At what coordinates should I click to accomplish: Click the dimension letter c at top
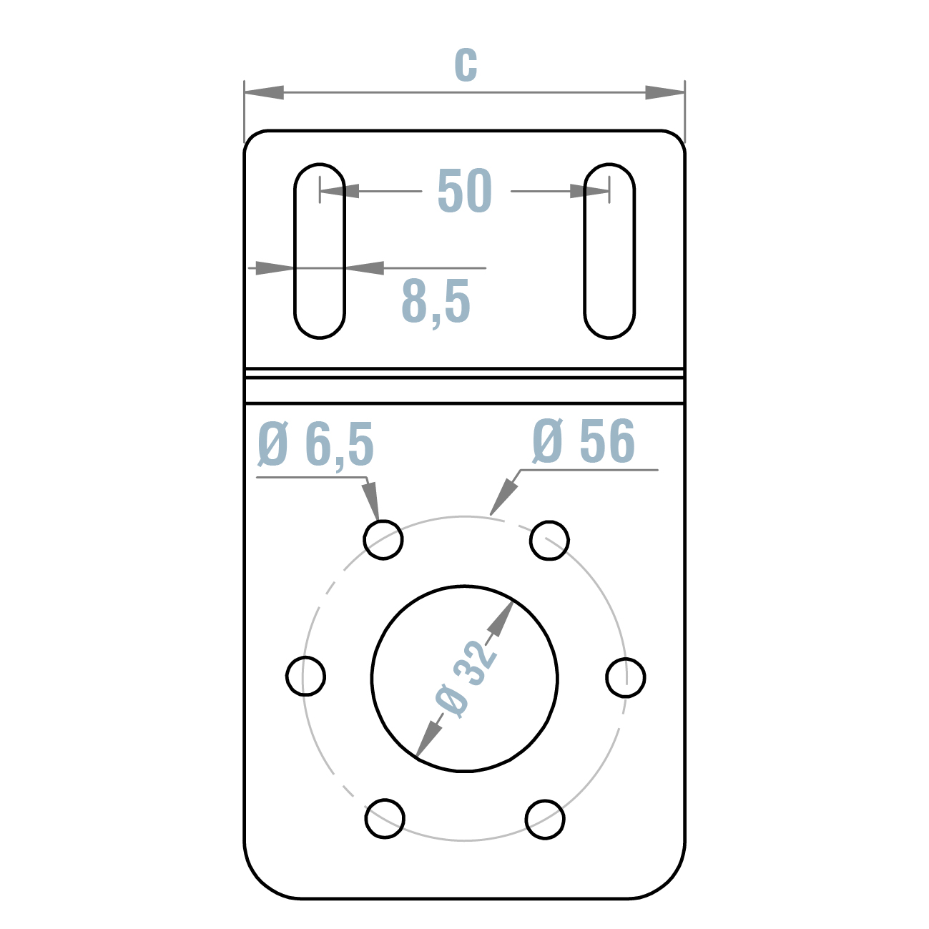466,65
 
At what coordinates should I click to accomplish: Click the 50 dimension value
465,191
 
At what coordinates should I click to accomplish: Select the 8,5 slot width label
436,301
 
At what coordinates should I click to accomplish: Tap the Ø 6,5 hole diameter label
315,444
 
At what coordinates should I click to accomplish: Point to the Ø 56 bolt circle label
584,441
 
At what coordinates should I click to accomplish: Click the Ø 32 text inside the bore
465,678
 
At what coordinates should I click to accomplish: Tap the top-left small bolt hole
383,539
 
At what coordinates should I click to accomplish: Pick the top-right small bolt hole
549,540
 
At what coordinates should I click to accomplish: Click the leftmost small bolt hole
305,676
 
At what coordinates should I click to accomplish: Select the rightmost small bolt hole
626,677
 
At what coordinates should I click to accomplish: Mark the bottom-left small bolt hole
385,818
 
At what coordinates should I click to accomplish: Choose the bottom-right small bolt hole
545,819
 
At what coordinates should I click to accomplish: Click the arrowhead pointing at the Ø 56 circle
505,493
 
